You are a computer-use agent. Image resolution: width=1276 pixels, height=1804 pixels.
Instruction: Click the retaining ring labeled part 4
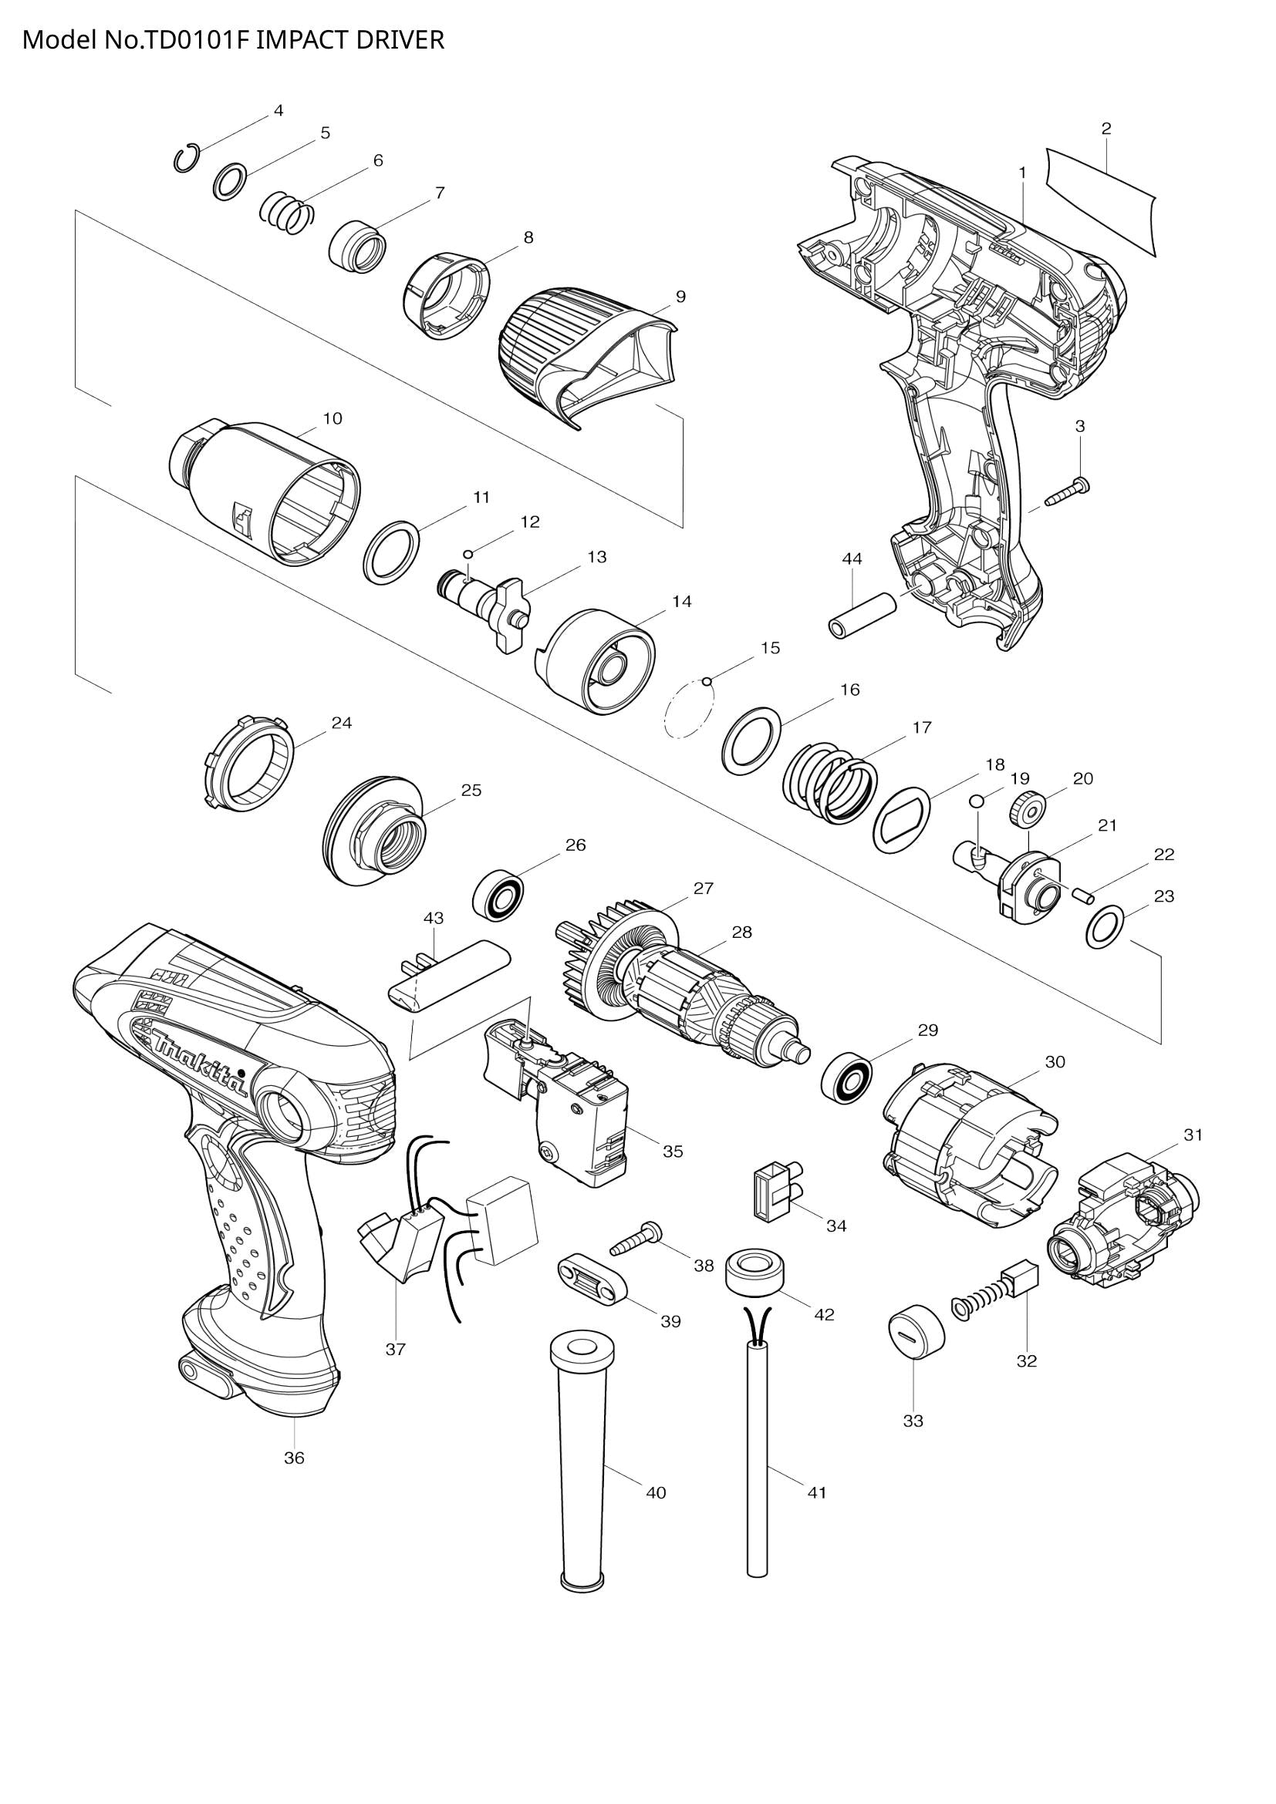pos(185,159)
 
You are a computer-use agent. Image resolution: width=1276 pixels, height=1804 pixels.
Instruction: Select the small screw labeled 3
pos(1067,494)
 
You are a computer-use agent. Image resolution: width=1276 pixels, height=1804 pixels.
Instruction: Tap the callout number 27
pos(704,889)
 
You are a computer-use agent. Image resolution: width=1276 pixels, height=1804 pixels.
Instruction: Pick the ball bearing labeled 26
pos(498,892)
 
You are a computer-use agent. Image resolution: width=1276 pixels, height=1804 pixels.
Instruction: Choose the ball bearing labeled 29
pos(847,1077)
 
